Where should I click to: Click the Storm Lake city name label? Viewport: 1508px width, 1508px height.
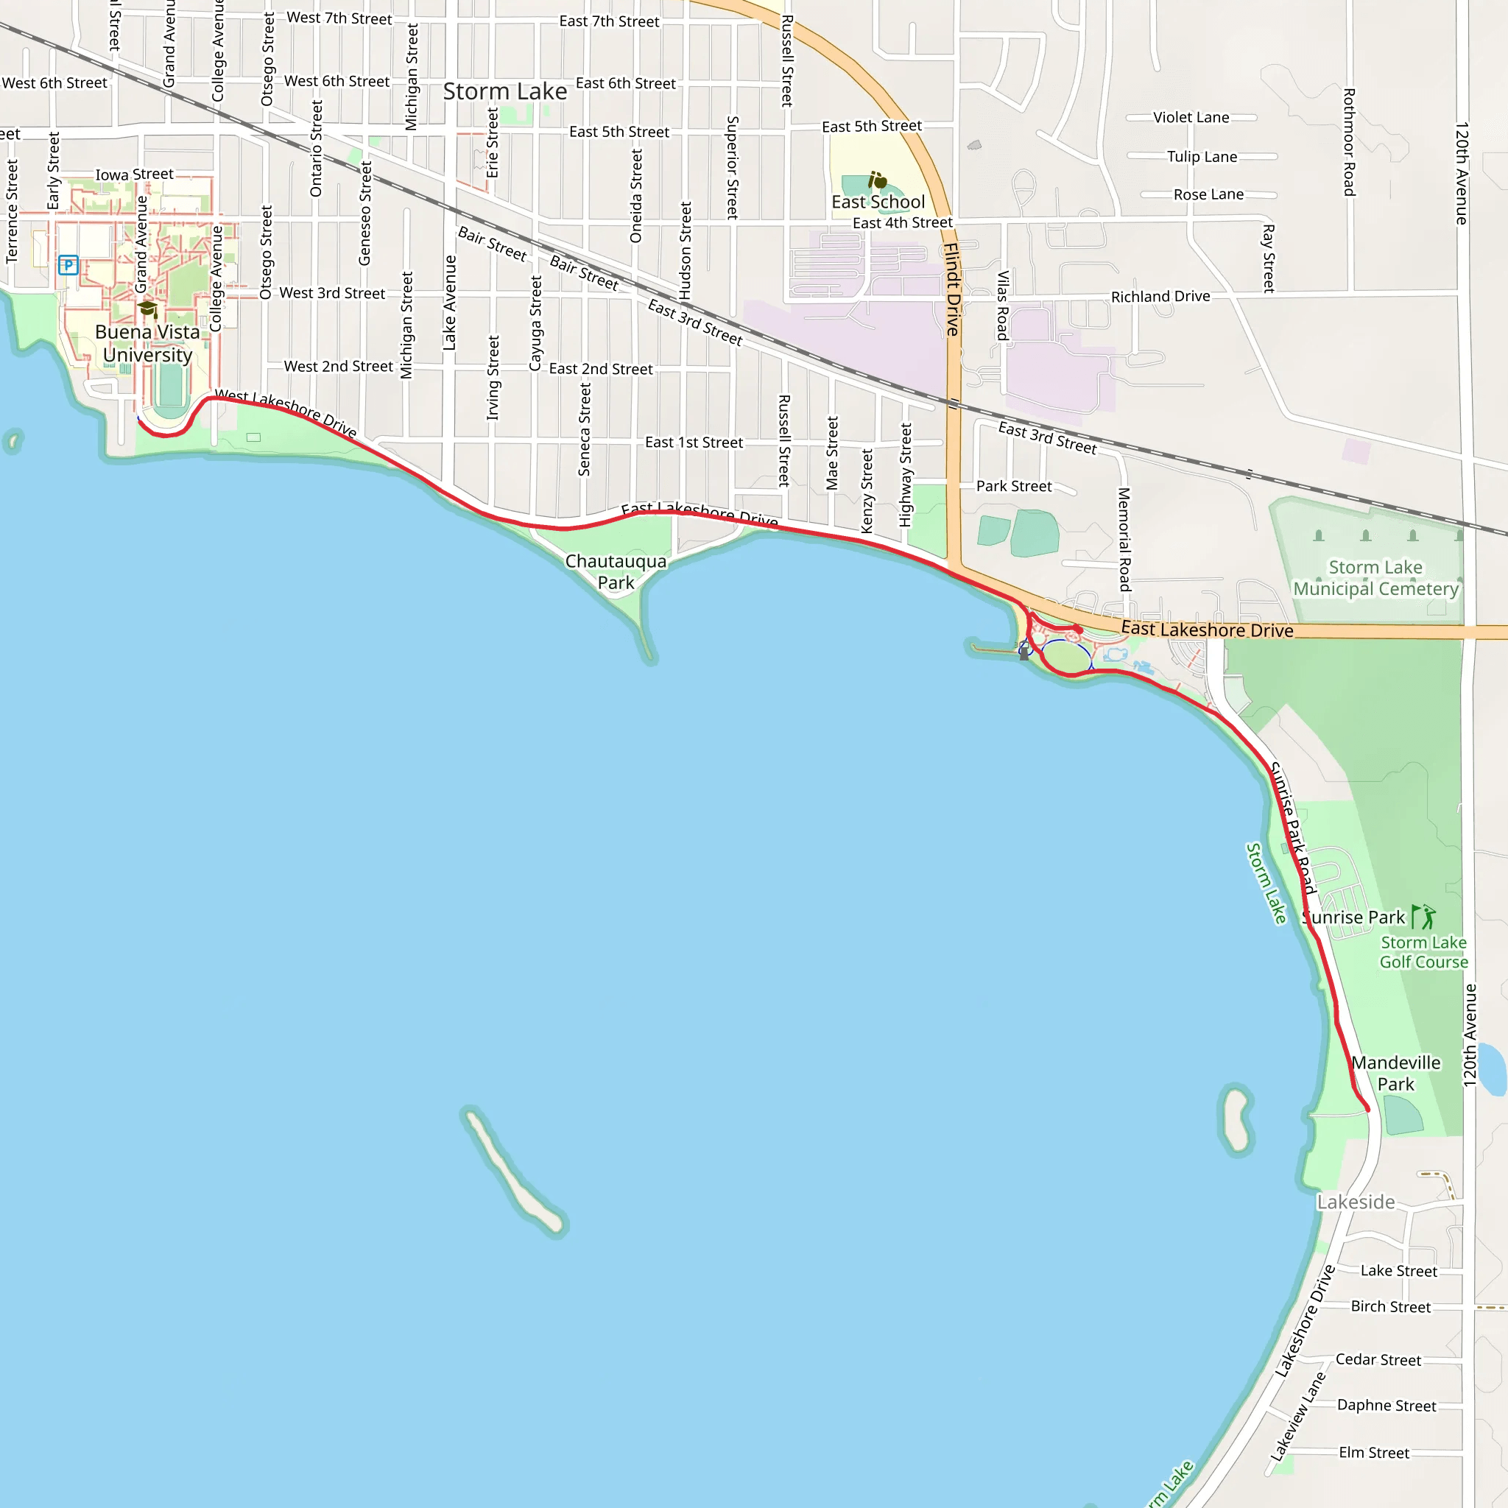[x=505, y=91]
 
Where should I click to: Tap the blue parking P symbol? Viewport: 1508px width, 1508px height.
[x=68, y=265]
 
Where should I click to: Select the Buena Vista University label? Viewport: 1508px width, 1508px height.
[x=147, y=343]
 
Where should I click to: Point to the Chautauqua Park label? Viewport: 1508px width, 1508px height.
[x=616, y=571]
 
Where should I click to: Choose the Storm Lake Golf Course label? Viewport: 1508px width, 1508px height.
[x=1424, y=952]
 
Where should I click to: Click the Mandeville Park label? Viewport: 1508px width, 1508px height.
[x=1395, y=1074]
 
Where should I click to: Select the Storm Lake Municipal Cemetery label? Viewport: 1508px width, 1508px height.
[x=1375, y=577]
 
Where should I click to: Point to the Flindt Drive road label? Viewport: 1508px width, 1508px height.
[x=951, y=289]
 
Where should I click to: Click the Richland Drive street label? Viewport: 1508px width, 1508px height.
[x=1160, y=297]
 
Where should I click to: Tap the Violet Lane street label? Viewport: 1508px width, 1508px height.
[x=1191, y=117]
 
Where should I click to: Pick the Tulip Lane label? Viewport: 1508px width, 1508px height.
[x=1202, y=156]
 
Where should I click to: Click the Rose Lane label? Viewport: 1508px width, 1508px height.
[x=1208, y=194]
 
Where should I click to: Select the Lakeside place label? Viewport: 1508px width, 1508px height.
[x=1356, y=1202]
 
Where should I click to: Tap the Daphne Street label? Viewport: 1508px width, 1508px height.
[x=1387, y=1405]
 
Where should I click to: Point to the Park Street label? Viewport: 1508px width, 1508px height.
[x=1014, y=486]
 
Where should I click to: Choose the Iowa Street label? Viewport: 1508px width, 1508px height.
[x=134, y=174]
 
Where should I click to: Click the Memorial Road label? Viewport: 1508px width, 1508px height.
[x=1124, y=539]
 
